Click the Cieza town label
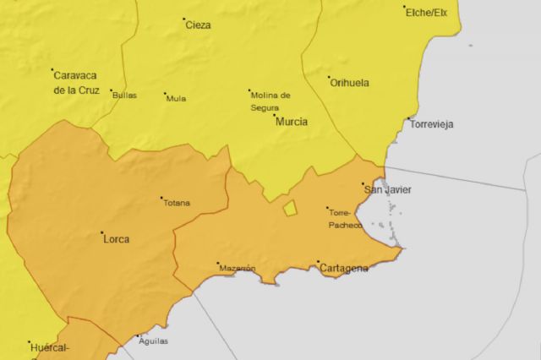point(199,25)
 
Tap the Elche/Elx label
point(427,12)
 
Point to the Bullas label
point(124,95)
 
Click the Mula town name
point(177,98)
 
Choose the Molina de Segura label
point(270,101)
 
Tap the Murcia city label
point(291,122)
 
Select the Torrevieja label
point(431,124)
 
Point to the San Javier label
point(387,190)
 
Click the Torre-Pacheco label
point(345,219)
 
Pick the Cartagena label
point(344,269)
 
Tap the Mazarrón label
point(238,269)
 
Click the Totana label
point(178,203)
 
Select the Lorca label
point(116,239)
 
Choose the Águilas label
point(152,341)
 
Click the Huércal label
point(48,347)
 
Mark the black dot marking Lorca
point(102,232)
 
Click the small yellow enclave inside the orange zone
point(290,208)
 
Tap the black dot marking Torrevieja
point(409,118)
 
